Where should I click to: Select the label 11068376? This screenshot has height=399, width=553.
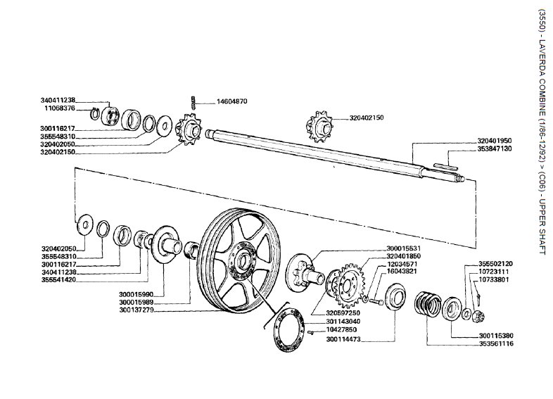(x=61, y=109)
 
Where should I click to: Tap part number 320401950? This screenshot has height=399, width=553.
(x=495, y=141)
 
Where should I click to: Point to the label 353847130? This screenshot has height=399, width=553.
(x=495, y=149)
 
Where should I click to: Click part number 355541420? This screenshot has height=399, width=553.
(x=58, y=279)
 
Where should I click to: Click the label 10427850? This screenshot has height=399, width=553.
(x=343, y=329)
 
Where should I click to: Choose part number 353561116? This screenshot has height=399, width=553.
(x=495, y=344)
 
